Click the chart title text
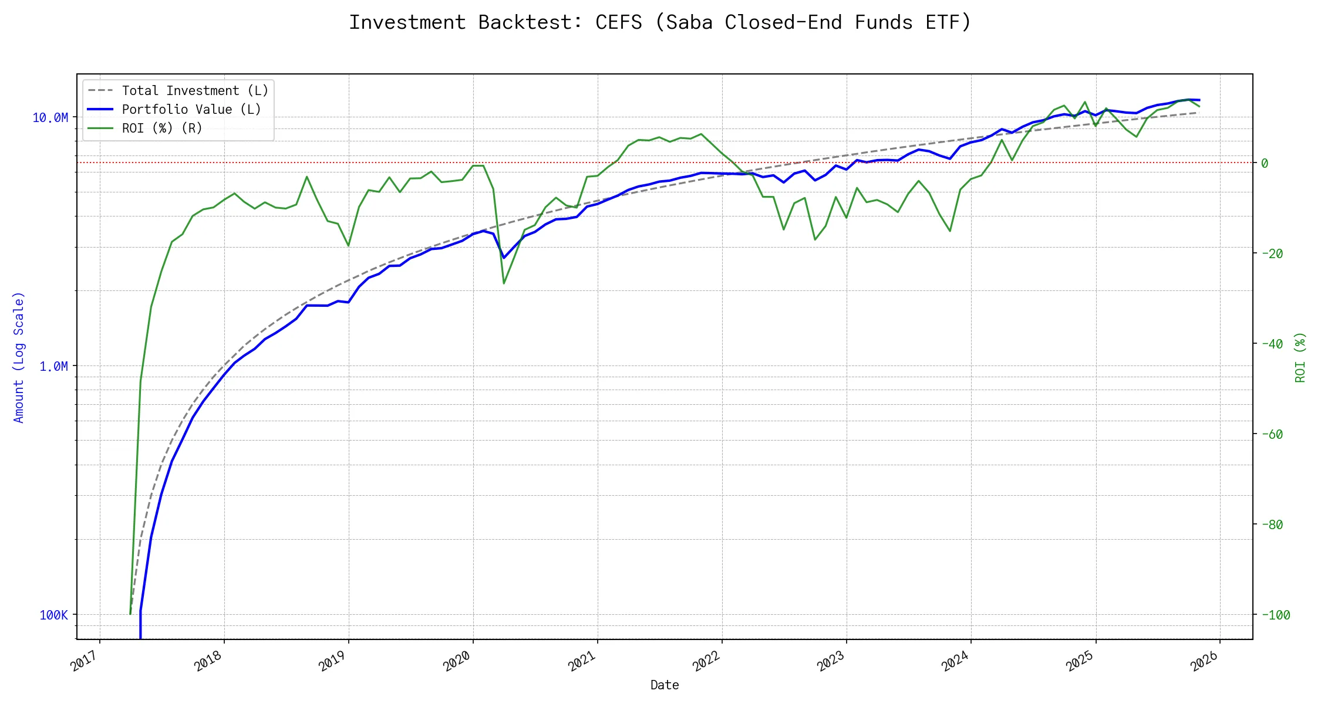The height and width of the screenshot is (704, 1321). click(660, 22)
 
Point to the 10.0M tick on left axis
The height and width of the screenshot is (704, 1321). click(50, 118)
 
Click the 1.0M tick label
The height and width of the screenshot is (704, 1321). click(53, 367)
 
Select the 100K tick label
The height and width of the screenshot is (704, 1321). click(53, 615)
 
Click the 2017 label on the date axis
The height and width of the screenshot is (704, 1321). click(85, 662)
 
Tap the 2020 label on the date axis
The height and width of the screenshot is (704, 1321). click(457, 662)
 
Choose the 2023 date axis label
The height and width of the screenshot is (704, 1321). click(831, 662)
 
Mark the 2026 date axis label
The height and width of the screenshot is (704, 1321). click(1204, 662)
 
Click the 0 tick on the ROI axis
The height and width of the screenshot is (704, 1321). click(1265, 163)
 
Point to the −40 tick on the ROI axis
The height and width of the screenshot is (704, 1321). click(1272, 344)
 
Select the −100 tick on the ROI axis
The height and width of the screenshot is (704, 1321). click(1275, 615)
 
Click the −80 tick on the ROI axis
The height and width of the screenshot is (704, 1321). click(1272, 525)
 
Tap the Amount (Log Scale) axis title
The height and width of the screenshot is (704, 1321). click(19, 357)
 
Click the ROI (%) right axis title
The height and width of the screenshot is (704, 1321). click(1300, 357)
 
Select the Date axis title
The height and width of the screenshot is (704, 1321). click(665, 685)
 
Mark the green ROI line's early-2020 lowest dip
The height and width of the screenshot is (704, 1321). click(504, 283)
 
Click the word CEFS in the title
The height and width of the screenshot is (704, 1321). click(618, 22)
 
